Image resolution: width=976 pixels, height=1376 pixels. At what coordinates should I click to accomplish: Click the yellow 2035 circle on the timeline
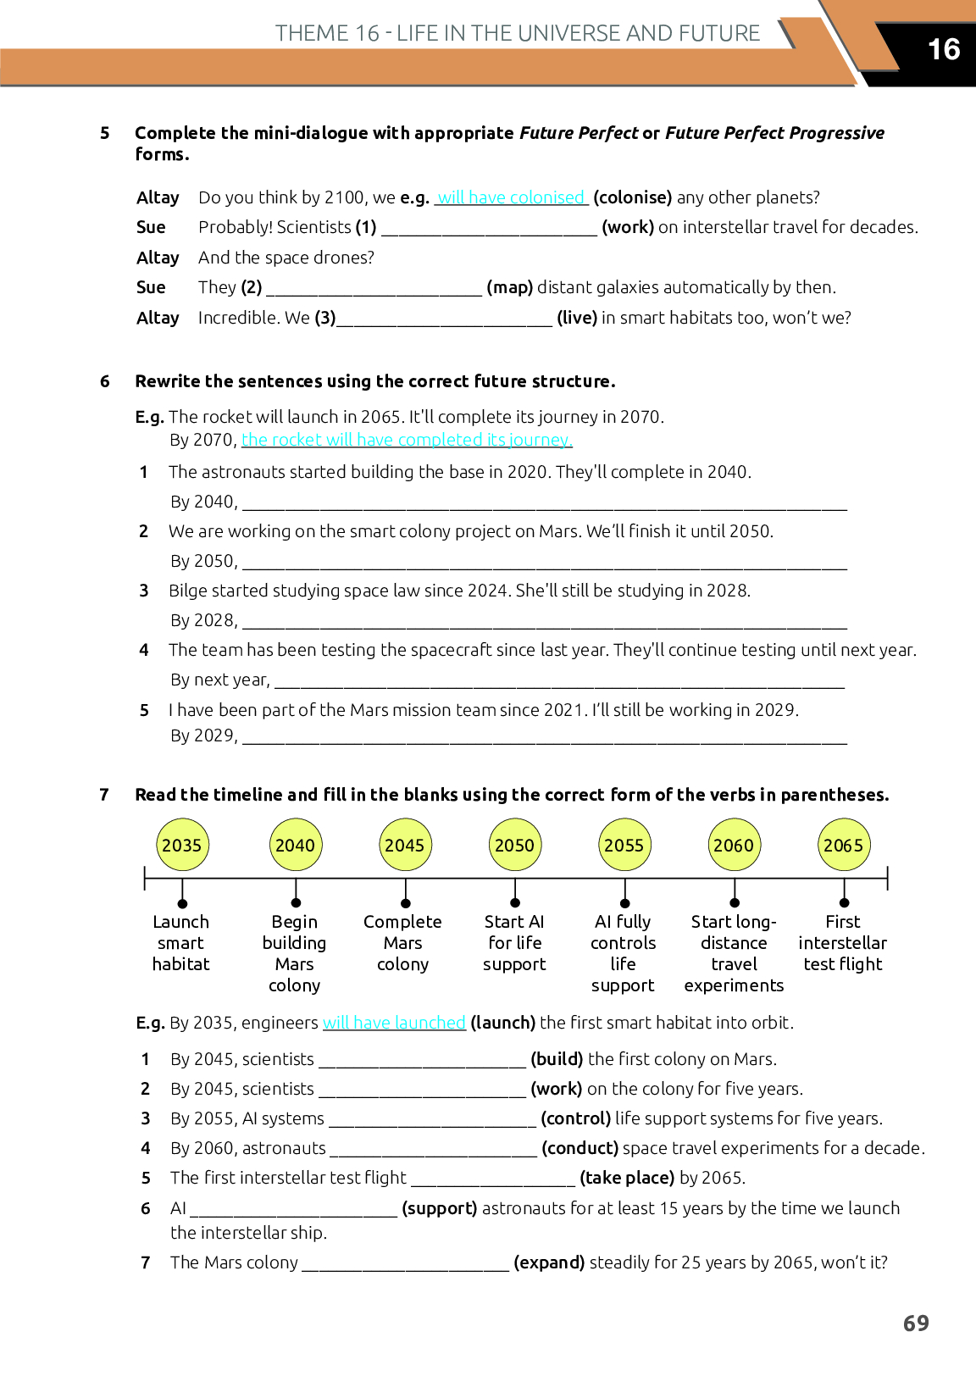pyautogui.click(x=182, y=845)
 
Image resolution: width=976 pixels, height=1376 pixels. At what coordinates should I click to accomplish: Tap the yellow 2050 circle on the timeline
pyautogui.click(x=514, y=845)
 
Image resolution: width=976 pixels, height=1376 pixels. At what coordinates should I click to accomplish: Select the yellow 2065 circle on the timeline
pyautogui.click(x=844, y=845)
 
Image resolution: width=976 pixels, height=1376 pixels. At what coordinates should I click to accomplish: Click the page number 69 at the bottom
pyautogui.click(x=916, y=1323)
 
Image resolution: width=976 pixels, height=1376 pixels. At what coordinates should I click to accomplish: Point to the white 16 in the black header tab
pyautogui.click(x=944, y=49)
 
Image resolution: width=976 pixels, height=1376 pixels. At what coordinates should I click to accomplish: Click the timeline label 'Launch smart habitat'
pyautogui.click(x=181, y=942)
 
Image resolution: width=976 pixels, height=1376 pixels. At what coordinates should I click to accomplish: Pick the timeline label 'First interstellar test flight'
pyautogui.click(x=843, y=942)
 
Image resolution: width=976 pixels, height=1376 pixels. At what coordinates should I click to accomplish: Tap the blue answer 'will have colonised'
pyautogui.click(x=511, y=197)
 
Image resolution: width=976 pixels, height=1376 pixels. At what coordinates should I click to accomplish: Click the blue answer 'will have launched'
pyautogui.click(x=394, y=1023)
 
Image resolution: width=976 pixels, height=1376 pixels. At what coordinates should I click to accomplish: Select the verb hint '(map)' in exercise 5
pyautogui.click(x=510, y=287)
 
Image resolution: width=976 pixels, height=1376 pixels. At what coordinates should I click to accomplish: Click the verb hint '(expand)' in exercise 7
pyautogui.click(x=549, y=1262)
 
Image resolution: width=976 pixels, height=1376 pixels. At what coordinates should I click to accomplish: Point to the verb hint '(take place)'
pyautogui.click(x=627, y=1178)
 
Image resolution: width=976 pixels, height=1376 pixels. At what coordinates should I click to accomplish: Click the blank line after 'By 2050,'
pyautogui.click(x=544, y=563)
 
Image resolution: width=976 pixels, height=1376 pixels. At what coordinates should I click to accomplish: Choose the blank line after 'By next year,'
pyautogui.click(x=559, y=682)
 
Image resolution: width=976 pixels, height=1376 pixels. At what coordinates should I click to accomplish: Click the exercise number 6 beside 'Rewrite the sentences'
pyautogui.click(x=105, y=381)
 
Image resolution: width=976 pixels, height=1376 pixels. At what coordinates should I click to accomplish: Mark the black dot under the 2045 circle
pyautogui.click(x=406, y=903)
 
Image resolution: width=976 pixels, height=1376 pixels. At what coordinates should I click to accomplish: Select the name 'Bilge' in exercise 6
pyautogui.click(x=188, y=591)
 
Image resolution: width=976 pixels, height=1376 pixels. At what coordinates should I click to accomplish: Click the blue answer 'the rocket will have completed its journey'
pyautogui.click(x=407, y=440)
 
